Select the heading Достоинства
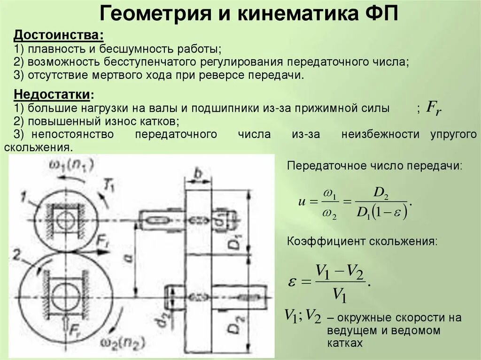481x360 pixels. pos(59,35)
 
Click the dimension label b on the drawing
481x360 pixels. pos(198,173)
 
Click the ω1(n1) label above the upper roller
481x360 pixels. pos(71,165)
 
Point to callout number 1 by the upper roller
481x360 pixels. pos(24,198)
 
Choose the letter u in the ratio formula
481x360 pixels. pos(302,202)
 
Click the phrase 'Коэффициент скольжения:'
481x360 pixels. pos(362,242)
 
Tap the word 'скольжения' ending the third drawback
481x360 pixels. pos(38,147)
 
